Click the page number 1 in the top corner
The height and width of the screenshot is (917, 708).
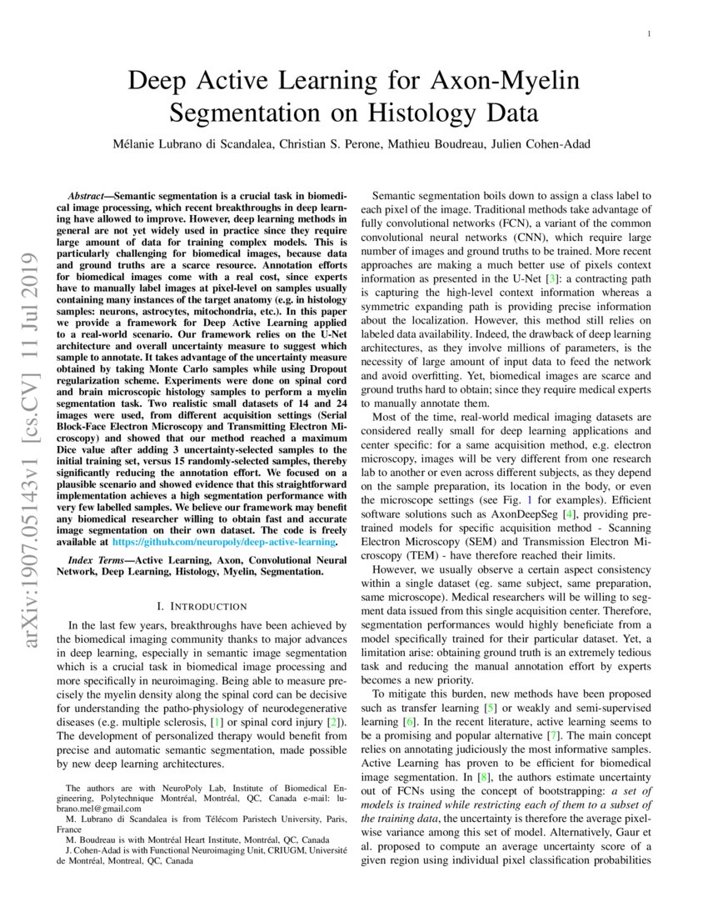click(649, 33)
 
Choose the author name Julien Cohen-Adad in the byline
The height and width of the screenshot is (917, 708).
click(539, 144)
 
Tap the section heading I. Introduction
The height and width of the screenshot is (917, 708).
click(199, 605)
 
